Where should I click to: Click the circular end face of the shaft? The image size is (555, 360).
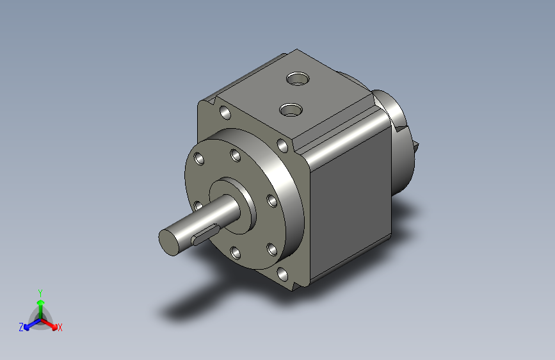170,241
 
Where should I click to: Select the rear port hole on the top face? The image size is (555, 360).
296,80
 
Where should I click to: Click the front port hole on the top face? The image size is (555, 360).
291,110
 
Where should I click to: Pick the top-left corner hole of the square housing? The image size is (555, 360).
225,113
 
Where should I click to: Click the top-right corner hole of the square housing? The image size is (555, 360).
282,145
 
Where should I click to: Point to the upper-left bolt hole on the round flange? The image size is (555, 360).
200,158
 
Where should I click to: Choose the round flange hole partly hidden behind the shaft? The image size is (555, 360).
198,205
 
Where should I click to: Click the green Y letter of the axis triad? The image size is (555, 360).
40,291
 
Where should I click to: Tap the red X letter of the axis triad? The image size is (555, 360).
60,327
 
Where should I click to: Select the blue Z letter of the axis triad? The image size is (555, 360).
21,327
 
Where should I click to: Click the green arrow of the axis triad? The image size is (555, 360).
40,304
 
